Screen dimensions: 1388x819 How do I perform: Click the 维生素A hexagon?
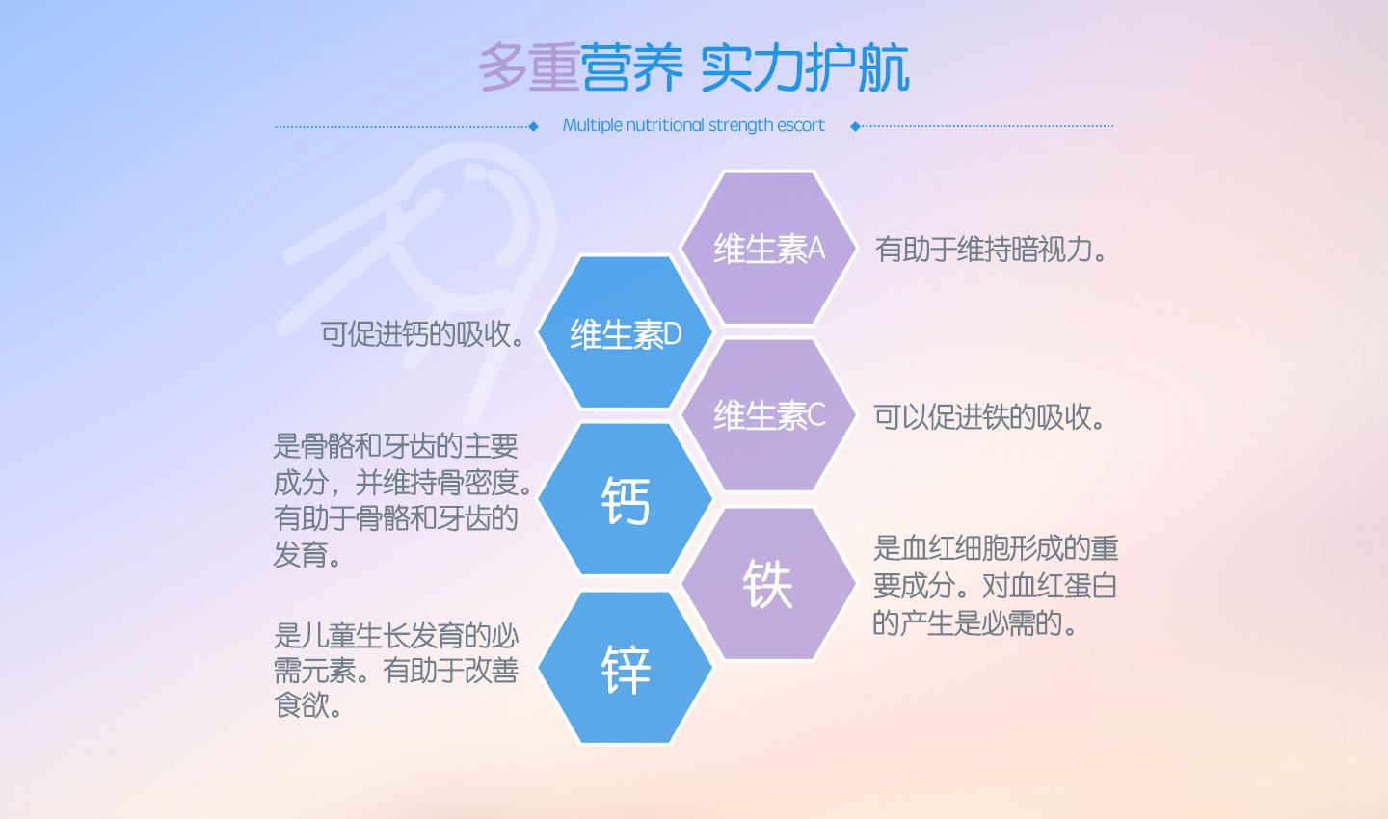[768, 248]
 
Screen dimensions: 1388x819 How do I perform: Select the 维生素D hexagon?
[625, 332]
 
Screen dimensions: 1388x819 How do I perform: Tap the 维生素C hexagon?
[768, 414]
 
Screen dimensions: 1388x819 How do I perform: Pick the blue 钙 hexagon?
[625, 499]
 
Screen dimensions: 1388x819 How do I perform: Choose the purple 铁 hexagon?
[768, 584]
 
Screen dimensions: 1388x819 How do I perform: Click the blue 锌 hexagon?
[625, 667]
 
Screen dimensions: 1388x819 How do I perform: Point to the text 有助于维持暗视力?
[990, 250]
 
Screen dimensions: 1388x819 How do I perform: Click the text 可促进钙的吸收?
[422, 334]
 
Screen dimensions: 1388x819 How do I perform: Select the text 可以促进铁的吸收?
[989, 417]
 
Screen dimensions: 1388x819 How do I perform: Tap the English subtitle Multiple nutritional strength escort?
[693, 126]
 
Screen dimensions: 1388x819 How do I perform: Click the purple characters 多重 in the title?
[528, 67]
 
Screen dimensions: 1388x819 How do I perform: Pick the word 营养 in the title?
[631, 67]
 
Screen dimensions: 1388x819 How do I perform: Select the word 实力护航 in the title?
[805, 67]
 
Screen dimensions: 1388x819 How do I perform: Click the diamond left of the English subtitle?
[534, 127]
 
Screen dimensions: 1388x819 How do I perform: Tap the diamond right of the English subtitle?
[856, 126]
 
